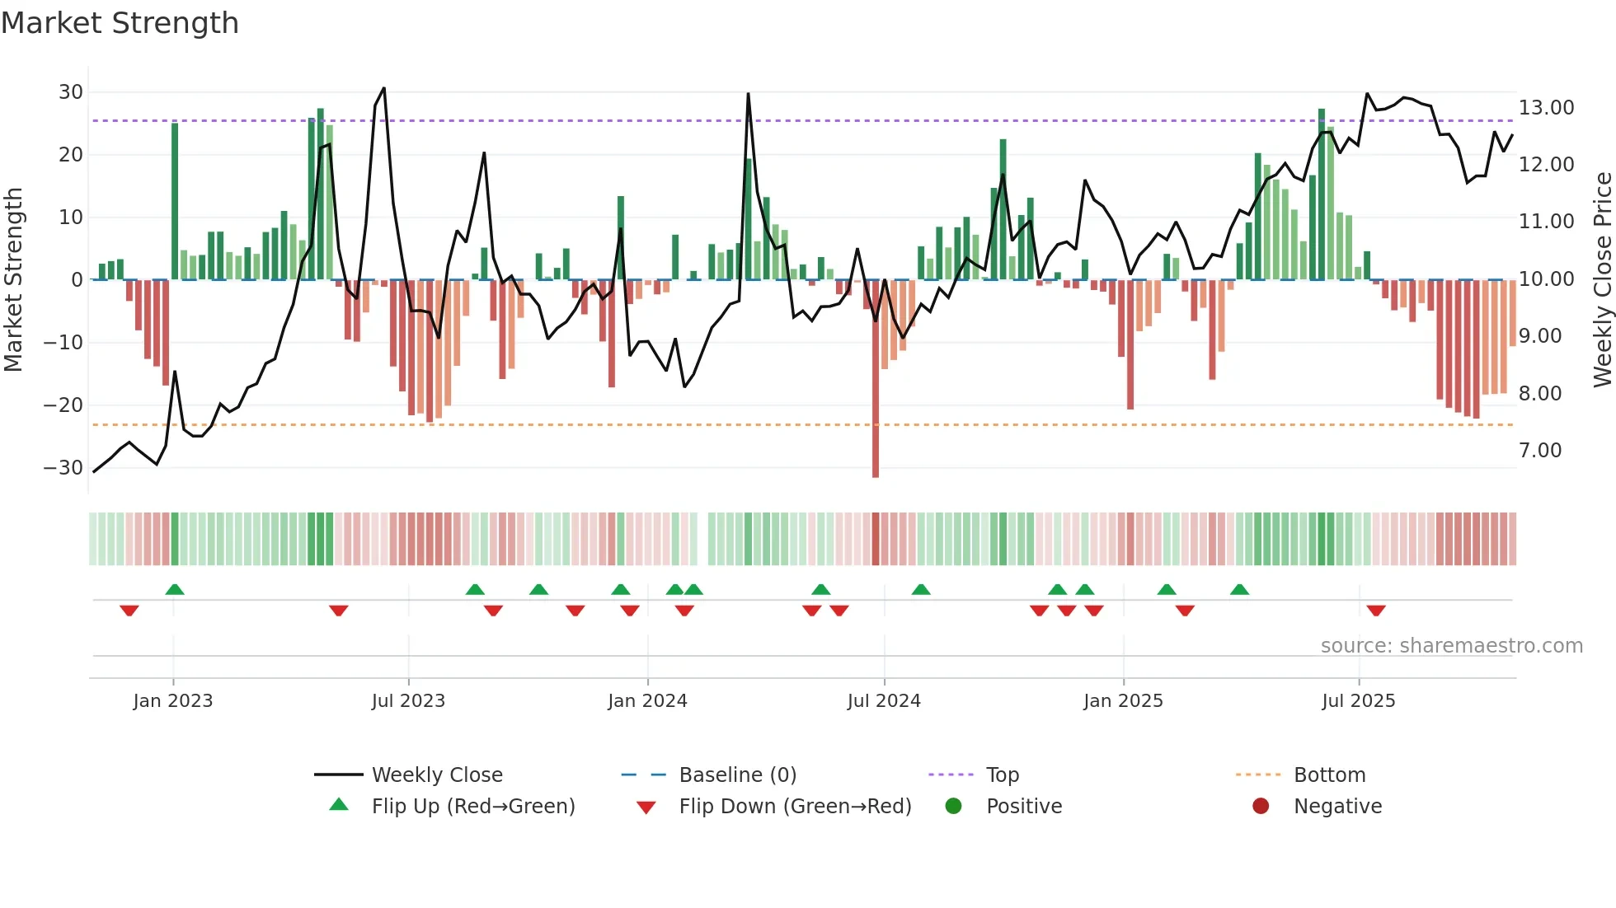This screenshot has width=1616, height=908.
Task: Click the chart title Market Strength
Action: [x=120, y=23]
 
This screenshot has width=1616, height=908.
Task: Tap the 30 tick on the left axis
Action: [x=71, y=92]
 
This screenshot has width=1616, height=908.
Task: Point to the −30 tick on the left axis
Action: [x=63, y=468]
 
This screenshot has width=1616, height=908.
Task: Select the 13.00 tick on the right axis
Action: [x=1546, y=108]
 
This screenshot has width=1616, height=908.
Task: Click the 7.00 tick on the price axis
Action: [x=1540, y=451]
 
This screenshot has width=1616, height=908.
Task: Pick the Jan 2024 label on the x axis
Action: [x=647, y=701]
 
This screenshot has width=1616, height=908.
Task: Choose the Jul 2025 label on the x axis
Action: [x=1358, y=701]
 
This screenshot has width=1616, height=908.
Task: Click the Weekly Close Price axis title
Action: [x=1602, y=279]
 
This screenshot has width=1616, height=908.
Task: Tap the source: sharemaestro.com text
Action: [x=1451, y=646]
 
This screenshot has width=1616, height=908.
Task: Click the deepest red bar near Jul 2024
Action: [x=876, y=379]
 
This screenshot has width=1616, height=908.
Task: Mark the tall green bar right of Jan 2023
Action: [x=175, y=201]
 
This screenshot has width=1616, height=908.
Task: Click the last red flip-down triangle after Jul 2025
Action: [x=1376, y=611]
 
